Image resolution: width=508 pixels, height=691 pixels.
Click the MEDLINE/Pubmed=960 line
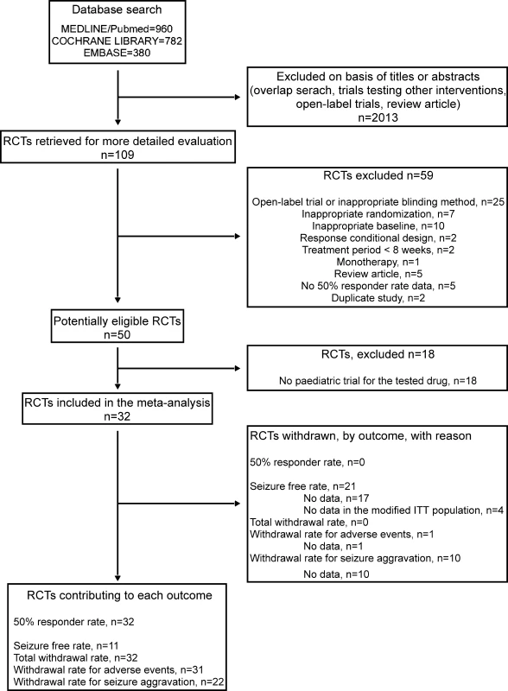(117, 29)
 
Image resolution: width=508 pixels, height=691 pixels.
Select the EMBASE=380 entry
(117, 53)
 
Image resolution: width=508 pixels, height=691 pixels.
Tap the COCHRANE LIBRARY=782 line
(117, 41)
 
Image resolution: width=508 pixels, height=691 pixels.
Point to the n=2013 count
(378, 117)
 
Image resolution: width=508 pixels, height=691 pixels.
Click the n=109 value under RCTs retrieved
(117, 155)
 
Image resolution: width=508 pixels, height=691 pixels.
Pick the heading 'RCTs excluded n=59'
(378, 175)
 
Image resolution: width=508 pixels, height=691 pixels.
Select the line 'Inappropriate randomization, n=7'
(378, 214)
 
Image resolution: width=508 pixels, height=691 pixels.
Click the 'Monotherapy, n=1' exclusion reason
(378, 262)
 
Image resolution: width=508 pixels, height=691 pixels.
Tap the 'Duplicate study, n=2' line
(378, 298)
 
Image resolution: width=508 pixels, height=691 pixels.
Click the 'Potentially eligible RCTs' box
(117, 327)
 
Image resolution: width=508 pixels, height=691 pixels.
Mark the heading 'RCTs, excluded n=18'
(378, 354)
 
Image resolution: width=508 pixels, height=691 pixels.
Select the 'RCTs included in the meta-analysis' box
(117, 409)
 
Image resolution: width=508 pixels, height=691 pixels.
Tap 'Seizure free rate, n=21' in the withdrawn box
(302, 486)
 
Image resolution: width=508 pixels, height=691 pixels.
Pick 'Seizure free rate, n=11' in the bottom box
(67, 646)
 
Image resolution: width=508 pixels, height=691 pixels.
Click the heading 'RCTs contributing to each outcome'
(119, 595)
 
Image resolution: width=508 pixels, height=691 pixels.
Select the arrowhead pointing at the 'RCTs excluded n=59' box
(238, 236)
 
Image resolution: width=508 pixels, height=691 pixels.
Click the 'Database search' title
(117, 10)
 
